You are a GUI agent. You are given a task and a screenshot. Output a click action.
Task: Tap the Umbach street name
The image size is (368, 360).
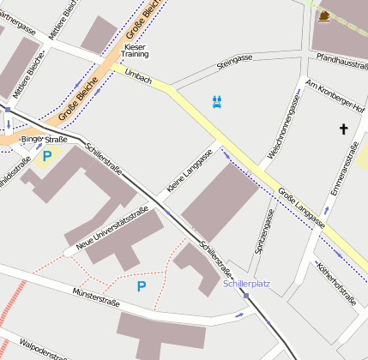click(x=139, y=77)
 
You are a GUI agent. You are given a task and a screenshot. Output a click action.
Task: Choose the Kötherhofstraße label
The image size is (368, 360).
click(x=336, y=283)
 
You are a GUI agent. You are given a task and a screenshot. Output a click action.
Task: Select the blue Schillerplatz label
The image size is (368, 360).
click(x=246, y=283)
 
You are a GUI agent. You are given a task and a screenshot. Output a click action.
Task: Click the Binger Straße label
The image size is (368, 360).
click(x=44, y=139)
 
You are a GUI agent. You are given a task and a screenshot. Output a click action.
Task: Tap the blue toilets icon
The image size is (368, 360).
click(x=217, y=102)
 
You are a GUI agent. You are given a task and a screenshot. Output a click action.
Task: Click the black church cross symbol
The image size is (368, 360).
click(x=344, y=129)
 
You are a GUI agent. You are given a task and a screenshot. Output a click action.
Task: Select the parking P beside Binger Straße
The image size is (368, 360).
click(x=47, y=156)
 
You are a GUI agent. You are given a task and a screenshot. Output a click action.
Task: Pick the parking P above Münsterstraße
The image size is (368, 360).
click(x=142, y=285)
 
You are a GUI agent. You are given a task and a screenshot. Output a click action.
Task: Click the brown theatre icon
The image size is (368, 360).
click(x=323, y=15)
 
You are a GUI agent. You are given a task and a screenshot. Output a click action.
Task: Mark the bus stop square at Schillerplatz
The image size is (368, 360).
click(x=245, y=296)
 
